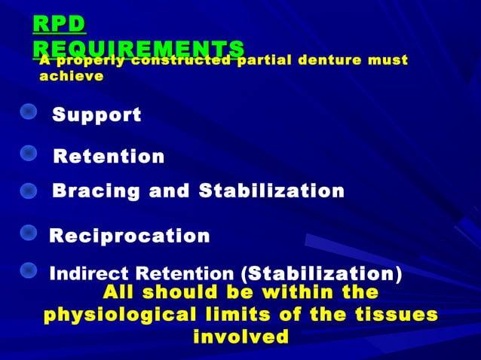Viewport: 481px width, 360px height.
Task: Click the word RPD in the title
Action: tap(59, 23)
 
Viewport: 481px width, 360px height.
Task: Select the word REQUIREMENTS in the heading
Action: tap(139, 47)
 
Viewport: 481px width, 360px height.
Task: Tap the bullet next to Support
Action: tap(28, 112)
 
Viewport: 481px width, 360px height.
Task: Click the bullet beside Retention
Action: tap(28, 153)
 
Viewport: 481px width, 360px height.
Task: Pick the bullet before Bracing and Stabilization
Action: tap(28, 190)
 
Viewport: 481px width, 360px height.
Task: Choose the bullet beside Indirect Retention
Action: tap(28, 269)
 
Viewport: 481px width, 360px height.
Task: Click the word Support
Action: tap(97, 115)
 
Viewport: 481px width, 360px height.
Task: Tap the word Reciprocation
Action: tap(130, 236)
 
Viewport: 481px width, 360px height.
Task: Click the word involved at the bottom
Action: tap(240, 336)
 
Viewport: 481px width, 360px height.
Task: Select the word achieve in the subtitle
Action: tap(71, 76)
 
